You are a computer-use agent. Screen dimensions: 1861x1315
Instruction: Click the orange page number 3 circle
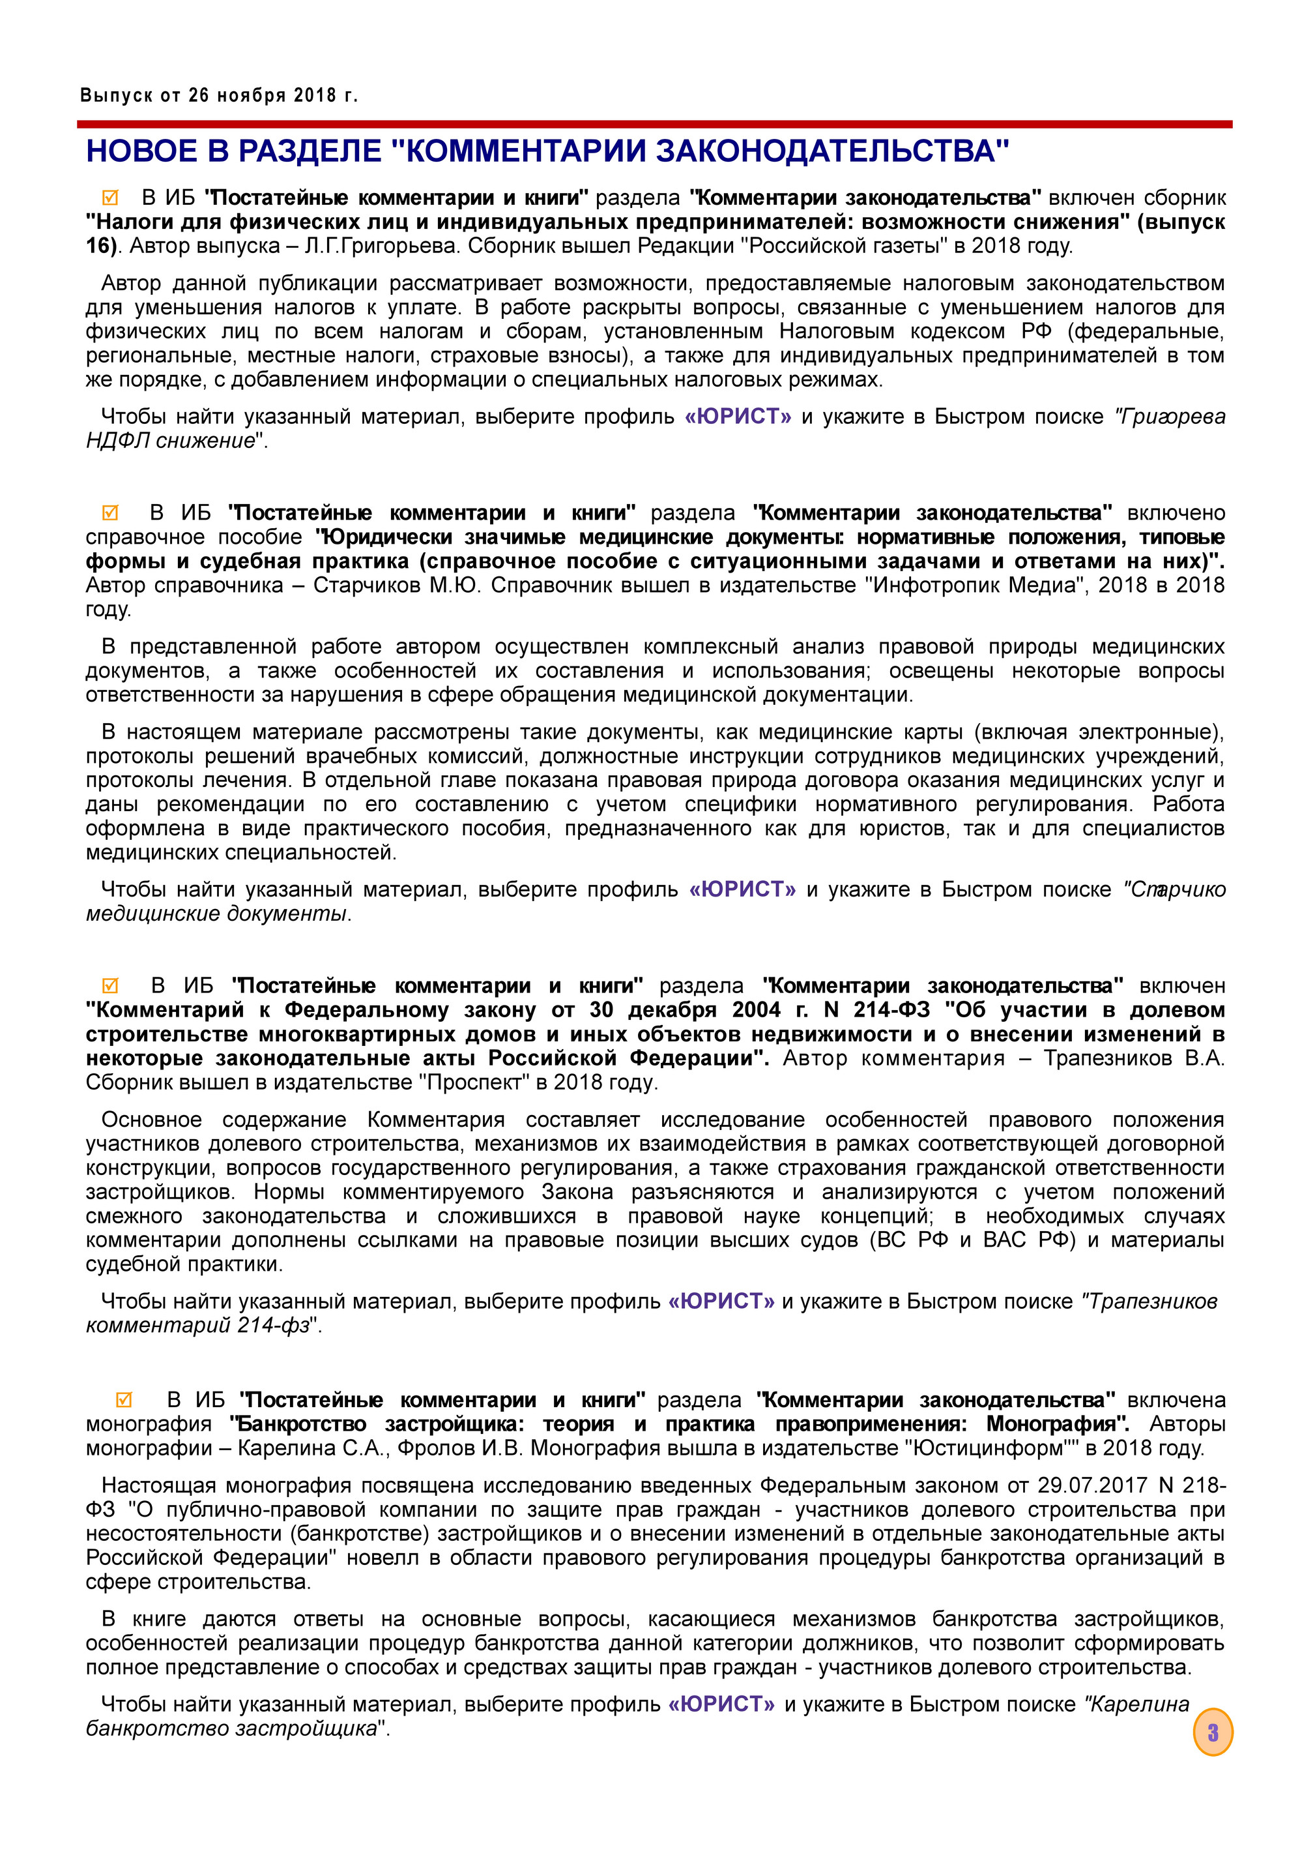pyautogui.click(x=1212, y=1732)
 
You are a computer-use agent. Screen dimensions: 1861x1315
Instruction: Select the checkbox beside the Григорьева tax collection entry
pyautogui.click(x=110, y=197)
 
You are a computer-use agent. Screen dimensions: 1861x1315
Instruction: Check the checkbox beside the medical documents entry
pyautogui.click(x=110, y=513)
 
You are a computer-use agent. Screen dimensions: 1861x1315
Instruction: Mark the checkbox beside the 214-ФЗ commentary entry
pyautogui.click(x=110, y=986)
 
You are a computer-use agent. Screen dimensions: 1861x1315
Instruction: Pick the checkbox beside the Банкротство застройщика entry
pyautogui.click(x=124, y=1400)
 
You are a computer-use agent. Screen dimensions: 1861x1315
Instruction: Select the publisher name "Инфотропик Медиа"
pyautogui.click(x=978, y=585)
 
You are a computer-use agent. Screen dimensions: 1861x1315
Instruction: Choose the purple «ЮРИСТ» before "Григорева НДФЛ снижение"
pyautogui.click(x=737, y=417)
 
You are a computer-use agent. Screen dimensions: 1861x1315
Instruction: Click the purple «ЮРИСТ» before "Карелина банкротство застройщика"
pyautogui.click(x=721, y=1705)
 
